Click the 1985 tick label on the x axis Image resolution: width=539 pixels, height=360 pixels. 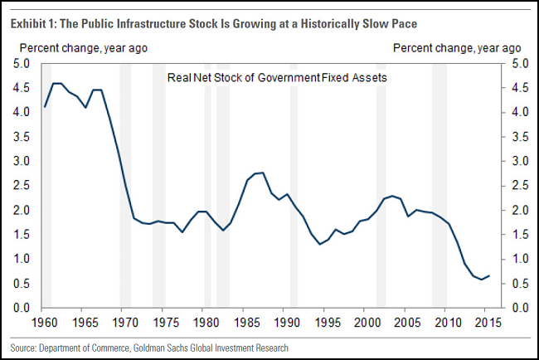coord(246,321)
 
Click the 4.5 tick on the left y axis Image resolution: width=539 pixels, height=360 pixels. coord(22,87)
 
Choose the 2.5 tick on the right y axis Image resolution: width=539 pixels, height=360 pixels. coord(515,185)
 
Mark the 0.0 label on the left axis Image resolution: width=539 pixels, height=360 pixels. coord(22,308)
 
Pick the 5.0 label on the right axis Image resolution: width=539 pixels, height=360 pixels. coord(515,63)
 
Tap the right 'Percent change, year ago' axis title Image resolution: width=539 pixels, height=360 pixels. coord(457,47)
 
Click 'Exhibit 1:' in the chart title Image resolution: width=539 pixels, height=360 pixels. coord(32,22)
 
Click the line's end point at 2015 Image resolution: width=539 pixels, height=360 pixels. coord(489,275)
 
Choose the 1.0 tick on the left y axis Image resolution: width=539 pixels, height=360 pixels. coord(22,259)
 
